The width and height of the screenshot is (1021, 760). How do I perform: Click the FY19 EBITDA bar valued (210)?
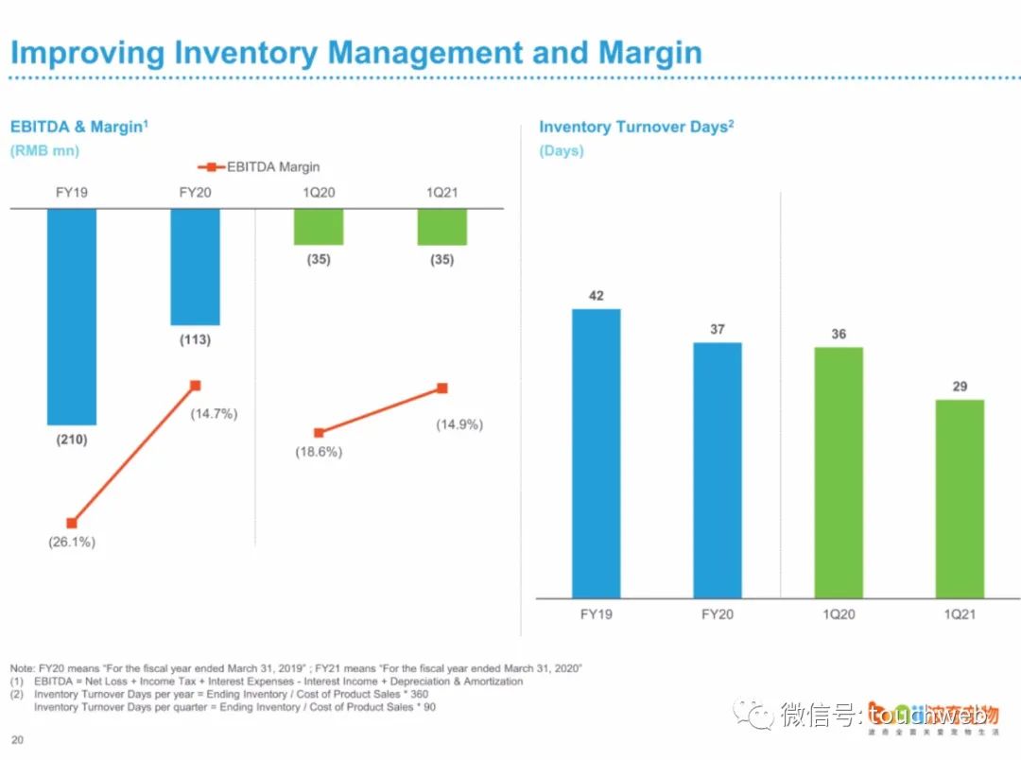click(72, 316)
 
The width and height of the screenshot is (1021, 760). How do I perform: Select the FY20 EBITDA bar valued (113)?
click(195, 267)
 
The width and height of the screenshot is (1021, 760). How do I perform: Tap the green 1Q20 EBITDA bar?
click(319, 227)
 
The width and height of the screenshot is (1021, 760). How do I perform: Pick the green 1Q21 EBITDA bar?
click(442, 227)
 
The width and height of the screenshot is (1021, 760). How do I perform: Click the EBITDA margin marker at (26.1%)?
click(72, 523)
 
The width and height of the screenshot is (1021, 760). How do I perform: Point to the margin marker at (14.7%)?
click(196, 385)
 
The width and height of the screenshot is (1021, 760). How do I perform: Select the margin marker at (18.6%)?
click(319, 433)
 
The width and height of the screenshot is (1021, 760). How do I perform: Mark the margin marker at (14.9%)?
click(442, 388)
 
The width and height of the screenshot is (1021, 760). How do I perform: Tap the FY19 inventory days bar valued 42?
click(597, 453)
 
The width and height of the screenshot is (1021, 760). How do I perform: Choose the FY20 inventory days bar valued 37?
click(718, 470)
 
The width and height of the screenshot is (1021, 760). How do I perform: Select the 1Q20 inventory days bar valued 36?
click(839, 473)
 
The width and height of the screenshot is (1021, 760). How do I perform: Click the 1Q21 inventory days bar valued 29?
click(960, 498)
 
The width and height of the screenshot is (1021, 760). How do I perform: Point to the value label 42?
click(597, 296)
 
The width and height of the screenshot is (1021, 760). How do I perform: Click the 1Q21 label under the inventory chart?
click(960, 614)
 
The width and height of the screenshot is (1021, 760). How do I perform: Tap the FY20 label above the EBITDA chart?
click(195, 193)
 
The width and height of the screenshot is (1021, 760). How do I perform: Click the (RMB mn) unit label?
click(44, 150)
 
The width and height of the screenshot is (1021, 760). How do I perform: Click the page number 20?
click(17, 739)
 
